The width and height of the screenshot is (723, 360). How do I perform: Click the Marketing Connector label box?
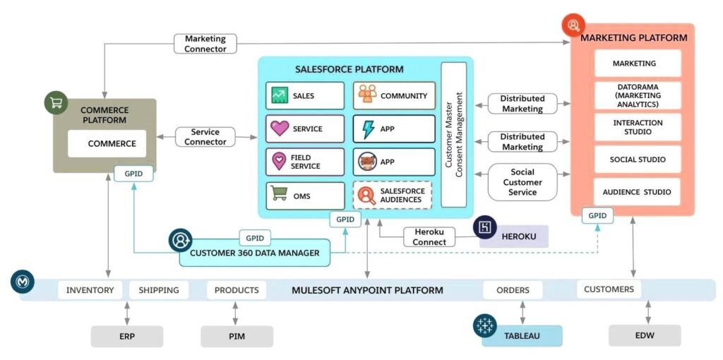(205, 44)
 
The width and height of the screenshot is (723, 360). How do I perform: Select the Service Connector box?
(205, 137)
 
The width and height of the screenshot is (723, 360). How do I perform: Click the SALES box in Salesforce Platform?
(305, 96)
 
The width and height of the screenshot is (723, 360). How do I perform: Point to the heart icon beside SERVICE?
(280, 129)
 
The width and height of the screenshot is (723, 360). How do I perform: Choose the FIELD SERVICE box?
(305, 162)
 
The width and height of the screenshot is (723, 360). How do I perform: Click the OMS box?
(305, 196)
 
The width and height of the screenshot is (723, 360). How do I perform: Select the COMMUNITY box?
(394, 96)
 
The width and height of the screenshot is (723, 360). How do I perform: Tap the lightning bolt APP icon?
(367, 129)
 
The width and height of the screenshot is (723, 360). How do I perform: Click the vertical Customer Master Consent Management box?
(453, 135)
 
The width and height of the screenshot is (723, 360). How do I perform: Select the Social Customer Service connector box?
(522, 182)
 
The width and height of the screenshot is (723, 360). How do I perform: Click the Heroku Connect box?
(429, 237)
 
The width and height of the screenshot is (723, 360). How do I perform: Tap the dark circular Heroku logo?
(485, 227)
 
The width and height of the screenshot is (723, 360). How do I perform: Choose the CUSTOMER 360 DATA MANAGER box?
(254, 253)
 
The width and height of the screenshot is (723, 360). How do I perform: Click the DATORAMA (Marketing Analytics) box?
(638, 95)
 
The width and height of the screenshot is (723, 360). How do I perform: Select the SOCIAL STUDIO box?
(638, 160)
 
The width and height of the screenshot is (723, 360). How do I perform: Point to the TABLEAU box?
(522, 336)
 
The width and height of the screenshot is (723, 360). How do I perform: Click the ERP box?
(126, 337)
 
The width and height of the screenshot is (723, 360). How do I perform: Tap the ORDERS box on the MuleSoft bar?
(513, 290)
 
